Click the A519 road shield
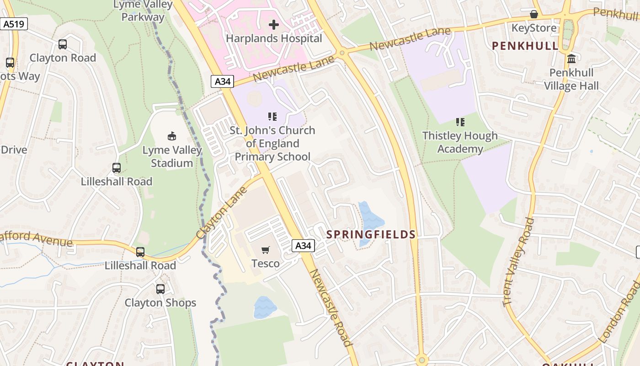coord(14,24)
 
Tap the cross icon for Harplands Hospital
coord(274,24)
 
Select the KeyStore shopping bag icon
coord(533,14)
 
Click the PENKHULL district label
coord(525,46)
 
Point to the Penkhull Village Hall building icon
coord(571,59)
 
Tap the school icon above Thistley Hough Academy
coord(460,122)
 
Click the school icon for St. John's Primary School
coord(272,117)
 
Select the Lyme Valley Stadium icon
coord(172,136)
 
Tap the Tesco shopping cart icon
coord(265,250)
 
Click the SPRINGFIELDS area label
coord(371,235)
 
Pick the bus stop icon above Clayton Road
coord(63,44)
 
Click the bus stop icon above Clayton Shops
coord(160,289)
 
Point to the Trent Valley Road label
coord(517,262)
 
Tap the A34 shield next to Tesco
coord(303,246)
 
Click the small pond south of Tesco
coord(265,307)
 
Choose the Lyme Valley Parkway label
coord(143,11)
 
